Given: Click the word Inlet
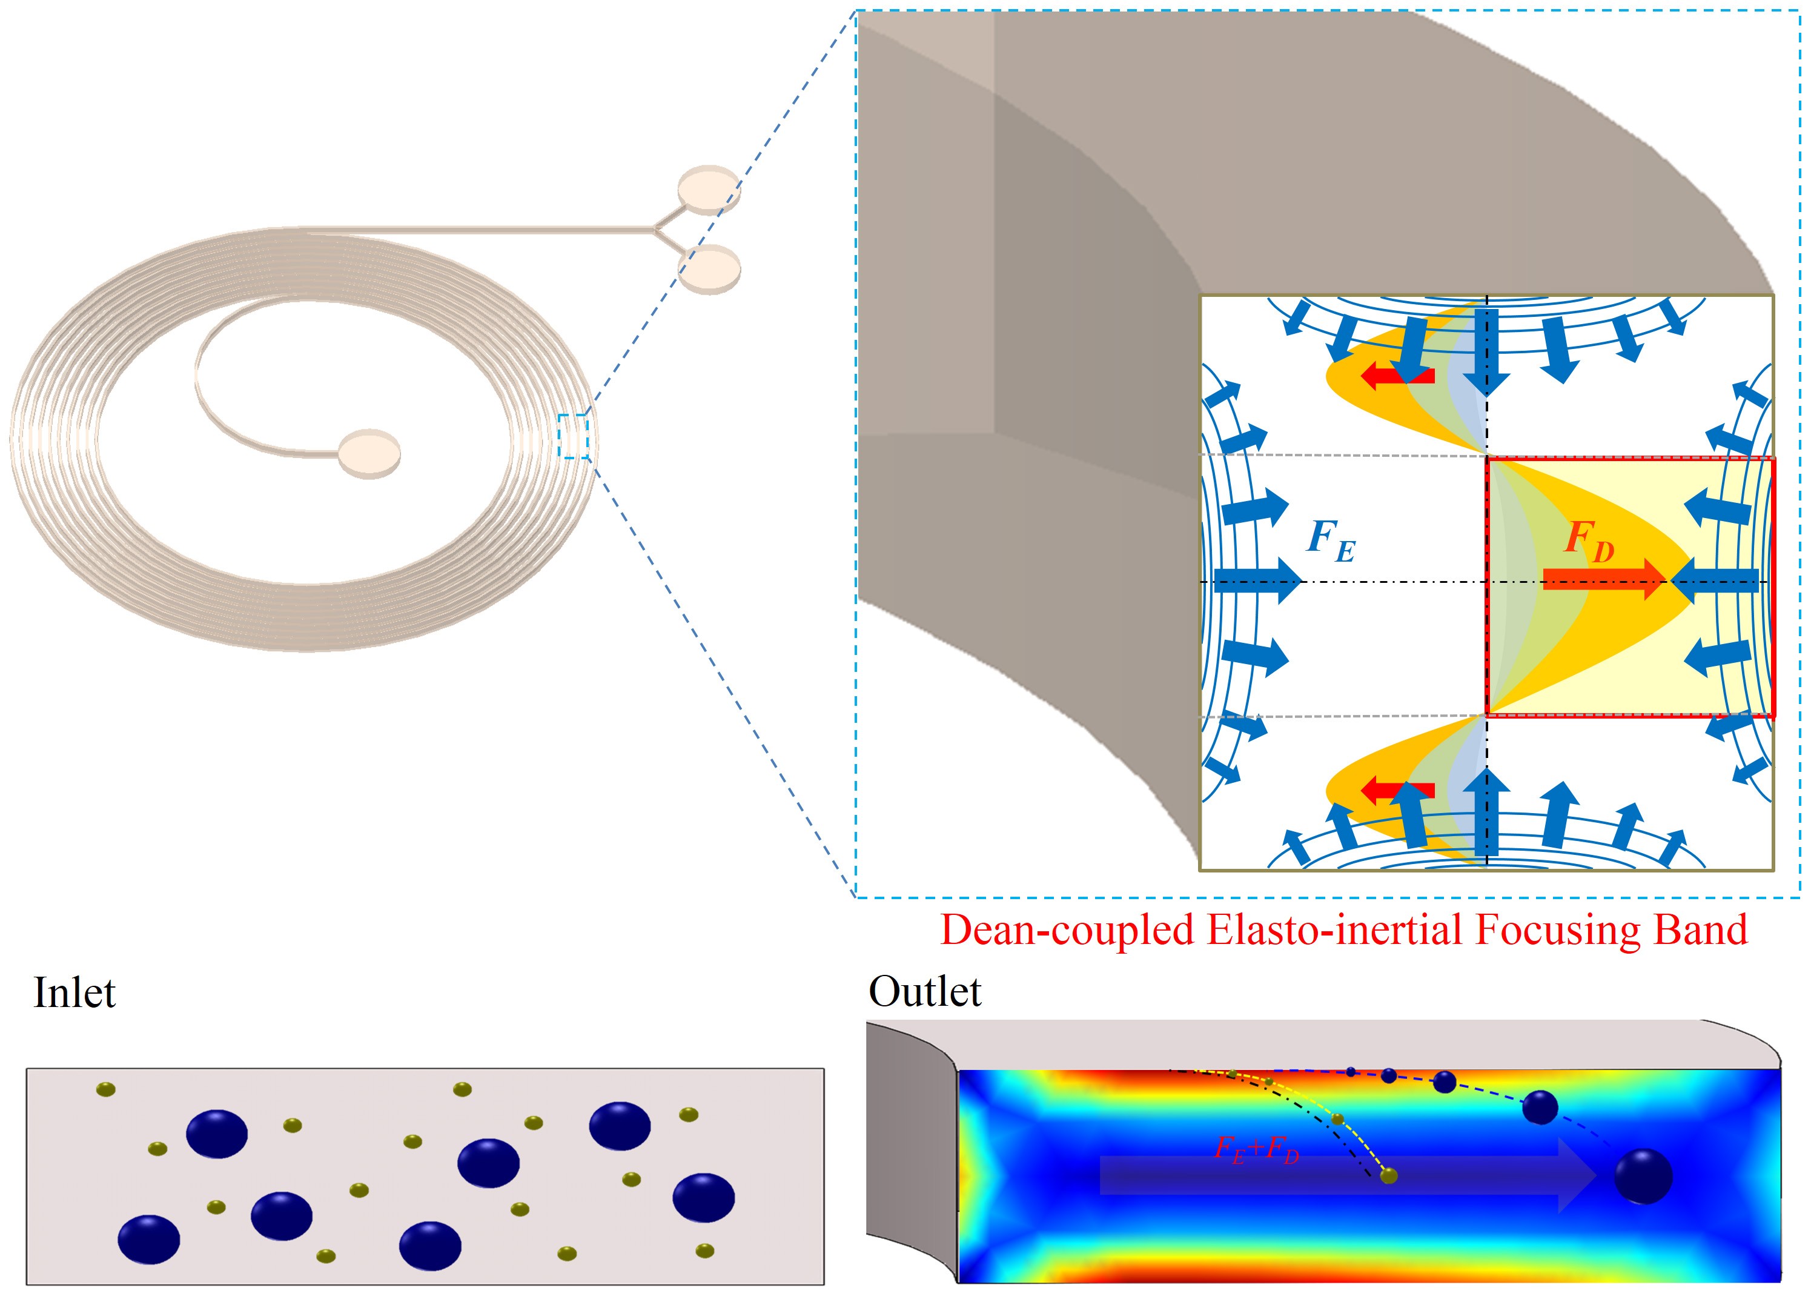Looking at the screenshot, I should pos(74,994).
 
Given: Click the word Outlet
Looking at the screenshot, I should pos(925,992).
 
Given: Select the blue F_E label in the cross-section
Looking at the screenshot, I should pos(1331,540).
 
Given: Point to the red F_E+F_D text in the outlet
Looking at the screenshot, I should pos(1257,1149).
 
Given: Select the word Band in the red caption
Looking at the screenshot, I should pos(1700,929).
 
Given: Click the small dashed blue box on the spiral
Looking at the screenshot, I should pos(573,436).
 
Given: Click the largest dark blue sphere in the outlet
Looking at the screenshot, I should pos(1643,1176).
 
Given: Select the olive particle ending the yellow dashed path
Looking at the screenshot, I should pos(1388,1175).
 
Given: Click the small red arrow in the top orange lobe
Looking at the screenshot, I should pos(1397,375).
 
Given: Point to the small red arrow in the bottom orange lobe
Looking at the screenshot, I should pos(1397,791).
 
